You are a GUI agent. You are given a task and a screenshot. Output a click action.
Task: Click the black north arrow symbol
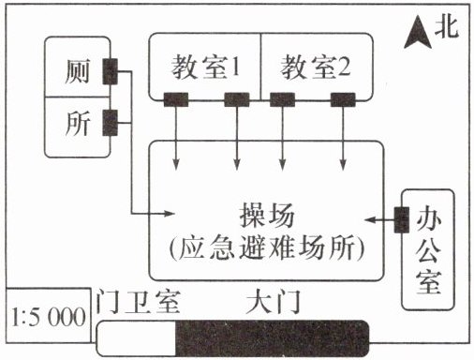click(x=418, y=35)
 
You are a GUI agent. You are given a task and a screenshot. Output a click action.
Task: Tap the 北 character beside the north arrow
click(x=447, y=27)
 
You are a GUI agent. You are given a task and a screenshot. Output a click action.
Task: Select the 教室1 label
click(x=206, y=66)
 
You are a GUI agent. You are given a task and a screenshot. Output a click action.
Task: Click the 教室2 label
click(x=316, y=67)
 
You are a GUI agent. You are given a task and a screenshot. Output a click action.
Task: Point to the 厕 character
click(x=77, y=71)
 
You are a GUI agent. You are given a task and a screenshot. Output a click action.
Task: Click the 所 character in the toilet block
click(x=78, y=123)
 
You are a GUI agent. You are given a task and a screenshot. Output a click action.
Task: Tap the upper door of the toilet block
click(x=111, y=71)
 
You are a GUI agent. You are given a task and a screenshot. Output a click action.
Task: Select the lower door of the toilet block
click(x=111, y=123)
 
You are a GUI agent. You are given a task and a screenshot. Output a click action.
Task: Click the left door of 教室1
click(x=176, y=99)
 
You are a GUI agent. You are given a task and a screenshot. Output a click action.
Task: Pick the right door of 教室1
click(x=237, y=99)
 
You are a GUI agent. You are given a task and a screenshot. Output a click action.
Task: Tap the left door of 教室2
click(x=282, y=99)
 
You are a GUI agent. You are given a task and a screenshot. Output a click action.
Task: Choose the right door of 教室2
click(x=343, y=99)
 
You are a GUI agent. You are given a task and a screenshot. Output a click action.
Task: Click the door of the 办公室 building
click(x=402, y=219)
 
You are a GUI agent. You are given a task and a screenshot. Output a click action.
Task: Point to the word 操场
click(x=267, y=216)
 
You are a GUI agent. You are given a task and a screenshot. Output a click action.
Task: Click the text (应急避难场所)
click(x=267, y=247)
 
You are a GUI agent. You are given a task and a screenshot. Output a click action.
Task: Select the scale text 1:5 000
click(x=49, y=317)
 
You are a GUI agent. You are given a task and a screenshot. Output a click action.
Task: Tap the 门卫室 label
click(x=138, y=302)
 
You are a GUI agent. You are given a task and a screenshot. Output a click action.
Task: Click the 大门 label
click(x=274, y=302)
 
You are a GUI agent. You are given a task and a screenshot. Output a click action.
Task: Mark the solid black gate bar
click(x=273, y=338)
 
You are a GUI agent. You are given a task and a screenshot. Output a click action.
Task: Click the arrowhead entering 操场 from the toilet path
click(x=169, y=214)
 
